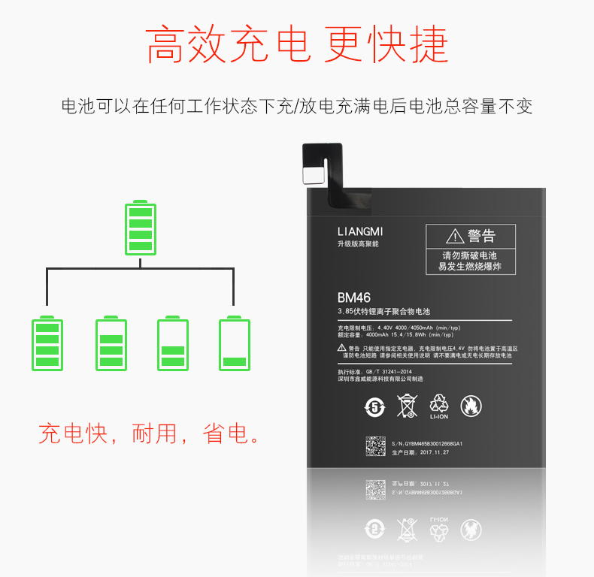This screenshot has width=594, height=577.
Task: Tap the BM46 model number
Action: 354,298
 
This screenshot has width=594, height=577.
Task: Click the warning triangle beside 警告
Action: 455,237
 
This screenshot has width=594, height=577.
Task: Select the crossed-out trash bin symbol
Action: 407,406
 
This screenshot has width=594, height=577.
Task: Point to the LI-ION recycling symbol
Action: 439,404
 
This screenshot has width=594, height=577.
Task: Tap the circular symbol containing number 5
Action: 374,407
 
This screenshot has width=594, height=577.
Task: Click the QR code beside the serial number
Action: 376,448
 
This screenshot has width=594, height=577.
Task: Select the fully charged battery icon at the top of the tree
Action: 141,228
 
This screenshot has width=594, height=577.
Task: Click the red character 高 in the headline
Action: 167,44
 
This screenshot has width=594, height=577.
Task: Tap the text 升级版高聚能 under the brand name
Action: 358,244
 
